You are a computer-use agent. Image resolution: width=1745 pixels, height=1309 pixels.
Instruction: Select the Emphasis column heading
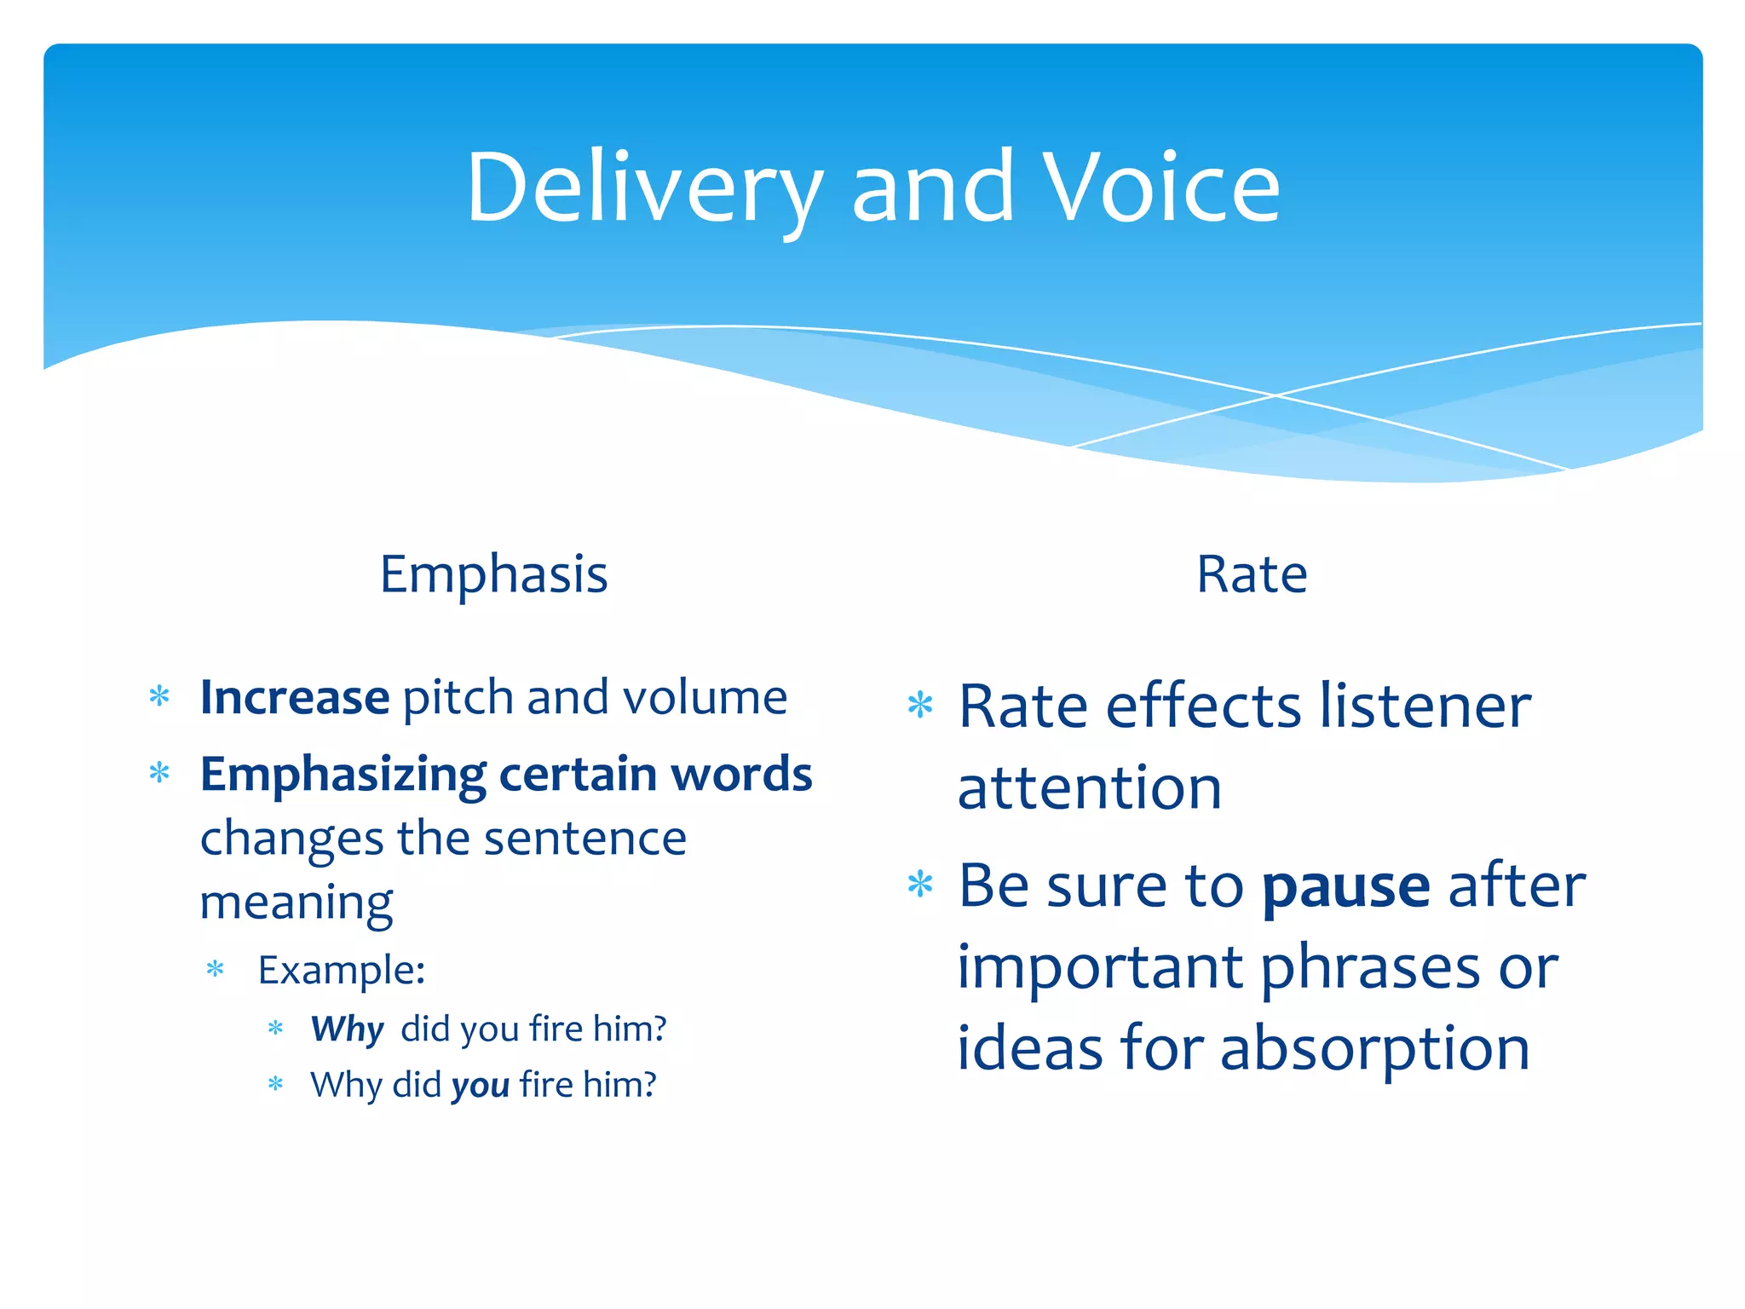(493, 574)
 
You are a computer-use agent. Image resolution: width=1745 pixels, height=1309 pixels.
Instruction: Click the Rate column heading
(1251, 574)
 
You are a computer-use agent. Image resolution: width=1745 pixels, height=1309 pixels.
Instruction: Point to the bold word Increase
(295, 697)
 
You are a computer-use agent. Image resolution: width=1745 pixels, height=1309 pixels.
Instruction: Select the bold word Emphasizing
(343, 776)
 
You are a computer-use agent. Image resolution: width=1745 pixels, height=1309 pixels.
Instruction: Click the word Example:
(342, 970)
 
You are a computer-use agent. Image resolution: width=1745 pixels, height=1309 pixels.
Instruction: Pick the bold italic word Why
(347, 1029)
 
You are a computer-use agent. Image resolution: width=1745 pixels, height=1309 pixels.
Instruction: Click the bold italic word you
(481, 1085)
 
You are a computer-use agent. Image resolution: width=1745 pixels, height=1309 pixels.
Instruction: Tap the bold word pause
(1345, 886)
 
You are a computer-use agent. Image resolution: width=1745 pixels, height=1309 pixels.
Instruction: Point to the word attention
(1089, 787)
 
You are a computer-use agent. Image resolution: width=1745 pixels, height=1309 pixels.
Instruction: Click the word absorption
(1374, 1048)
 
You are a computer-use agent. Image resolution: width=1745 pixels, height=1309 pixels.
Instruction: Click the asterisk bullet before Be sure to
(920, 884)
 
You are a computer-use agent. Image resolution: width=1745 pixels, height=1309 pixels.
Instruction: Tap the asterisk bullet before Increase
(159, 696)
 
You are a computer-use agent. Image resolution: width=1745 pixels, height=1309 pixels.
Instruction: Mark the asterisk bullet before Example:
(215, 969)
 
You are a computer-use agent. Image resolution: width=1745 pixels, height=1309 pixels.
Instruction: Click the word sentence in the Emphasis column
(585, 839)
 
